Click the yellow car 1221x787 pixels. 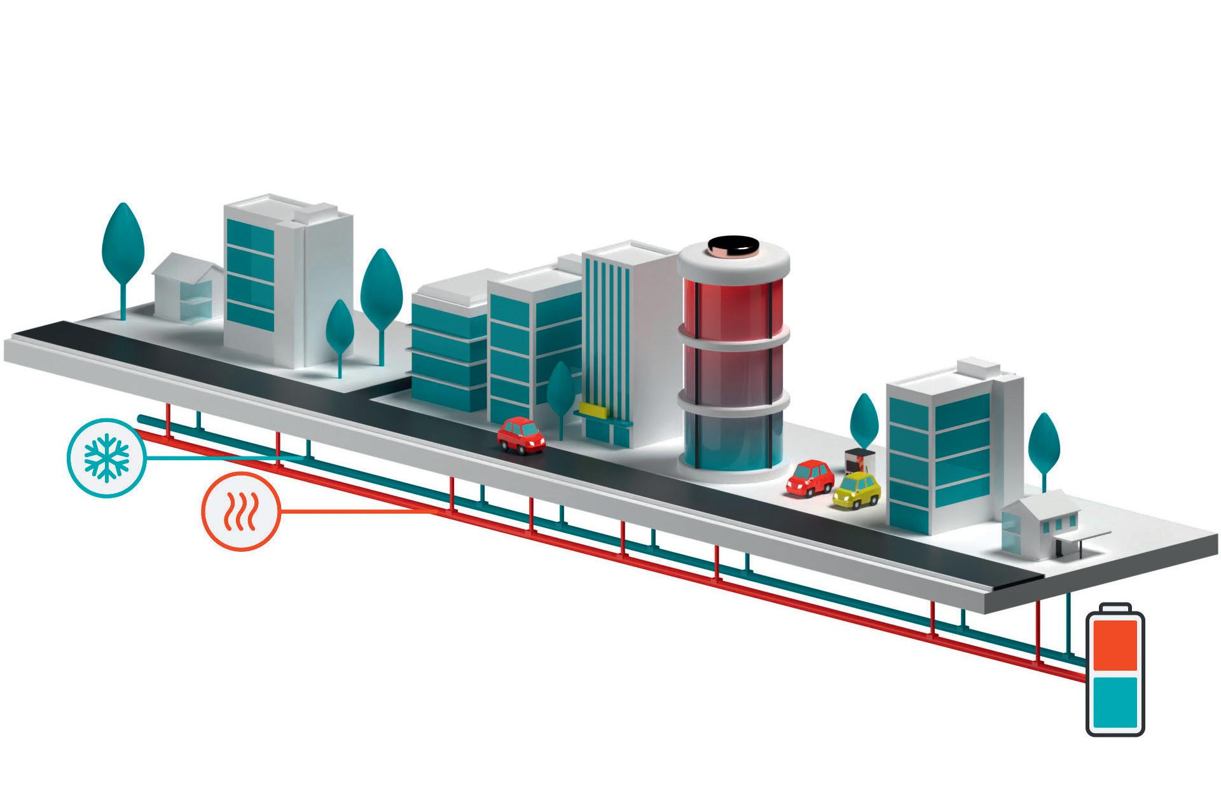857,491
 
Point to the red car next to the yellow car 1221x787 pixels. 810,477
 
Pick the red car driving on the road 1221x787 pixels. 521,435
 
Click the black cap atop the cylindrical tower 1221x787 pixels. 733,245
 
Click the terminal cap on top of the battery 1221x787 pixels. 1115,608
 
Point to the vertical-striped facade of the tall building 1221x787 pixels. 607,331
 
